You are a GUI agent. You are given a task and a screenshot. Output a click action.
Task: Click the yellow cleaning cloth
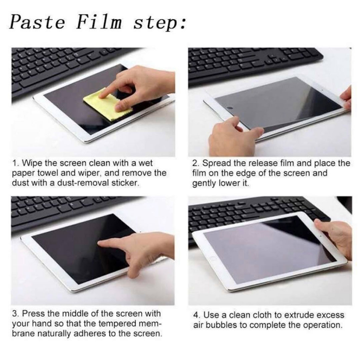coord(107,104)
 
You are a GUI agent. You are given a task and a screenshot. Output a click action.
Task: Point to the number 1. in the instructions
coord(15,163)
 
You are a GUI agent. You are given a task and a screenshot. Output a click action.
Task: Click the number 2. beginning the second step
coord(195,163)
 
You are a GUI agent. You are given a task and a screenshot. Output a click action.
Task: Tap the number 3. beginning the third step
coord(15,314)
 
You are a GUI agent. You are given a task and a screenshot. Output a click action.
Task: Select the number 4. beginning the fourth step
coord(196,315)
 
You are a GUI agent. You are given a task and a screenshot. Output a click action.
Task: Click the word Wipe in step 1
coord(32,163)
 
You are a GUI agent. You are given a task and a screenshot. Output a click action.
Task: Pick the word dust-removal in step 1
coord(70,182)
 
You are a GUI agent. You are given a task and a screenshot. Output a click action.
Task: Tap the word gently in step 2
coord(204,183)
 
